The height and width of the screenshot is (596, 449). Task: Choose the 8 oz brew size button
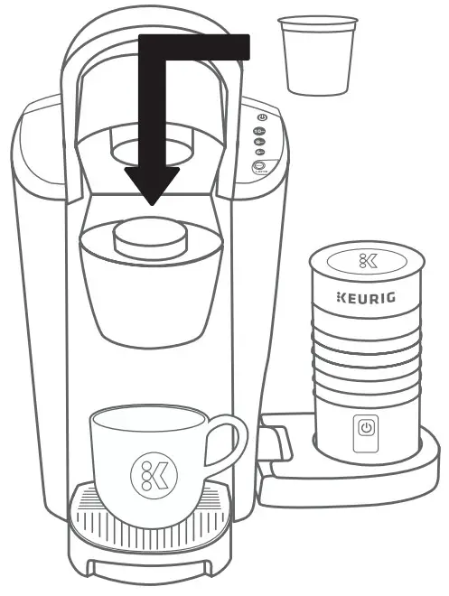(260, 141)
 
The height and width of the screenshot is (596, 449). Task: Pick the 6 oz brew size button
(260, 152)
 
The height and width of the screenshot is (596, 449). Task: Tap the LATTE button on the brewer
(260, 166)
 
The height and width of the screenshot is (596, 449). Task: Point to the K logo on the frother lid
(367, 263)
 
